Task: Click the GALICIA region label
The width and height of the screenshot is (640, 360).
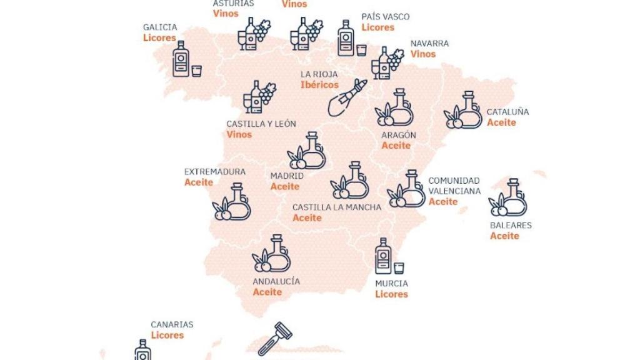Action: tap(160, 27)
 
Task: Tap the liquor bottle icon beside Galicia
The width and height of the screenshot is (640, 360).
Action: tap(182, 59)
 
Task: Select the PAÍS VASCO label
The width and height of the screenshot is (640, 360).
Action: tap(385, 17)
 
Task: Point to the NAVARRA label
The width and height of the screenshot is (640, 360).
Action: tap(429, 44)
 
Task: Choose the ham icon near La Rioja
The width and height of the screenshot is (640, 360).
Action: tap(346, 99)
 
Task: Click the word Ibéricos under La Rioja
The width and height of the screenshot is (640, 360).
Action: tap(319, 85)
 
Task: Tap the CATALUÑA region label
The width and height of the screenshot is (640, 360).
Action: tap(507, 112)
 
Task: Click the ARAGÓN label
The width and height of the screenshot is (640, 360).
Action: tap(399, 135)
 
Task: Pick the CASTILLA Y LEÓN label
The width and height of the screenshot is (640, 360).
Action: tap(261, 124)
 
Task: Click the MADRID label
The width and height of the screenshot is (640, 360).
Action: tap(287, 176)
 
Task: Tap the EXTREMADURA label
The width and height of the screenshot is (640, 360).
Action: tap(215, 171)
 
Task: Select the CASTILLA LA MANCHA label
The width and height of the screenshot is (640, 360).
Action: tap(336, 207)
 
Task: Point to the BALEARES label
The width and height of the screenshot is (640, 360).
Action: tap(511, 225)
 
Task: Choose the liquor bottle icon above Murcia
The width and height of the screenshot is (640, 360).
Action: tap(384, 256)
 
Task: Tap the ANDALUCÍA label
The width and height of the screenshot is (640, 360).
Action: tap(276, 281)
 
